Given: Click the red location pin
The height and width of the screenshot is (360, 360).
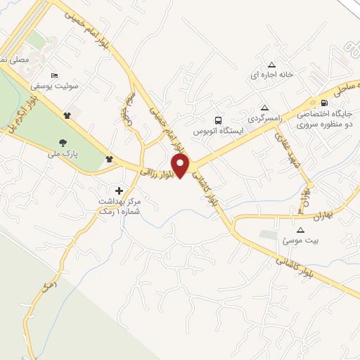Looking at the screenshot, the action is point(181,166).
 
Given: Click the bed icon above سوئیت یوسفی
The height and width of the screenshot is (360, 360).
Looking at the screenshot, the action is point(54,75).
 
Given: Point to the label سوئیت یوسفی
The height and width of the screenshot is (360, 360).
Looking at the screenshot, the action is point(51,86).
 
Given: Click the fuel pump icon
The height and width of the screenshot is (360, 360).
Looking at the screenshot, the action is point(323,102).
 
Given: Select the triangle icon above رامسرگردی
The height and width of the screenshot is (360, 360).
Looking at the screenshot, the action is point(264,108).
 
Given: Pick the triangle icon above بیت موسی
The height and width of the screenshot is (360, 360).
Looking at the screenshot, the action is point(301,230).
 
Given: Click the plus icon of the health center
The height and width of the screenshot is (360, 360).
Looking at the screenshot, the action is point(119,190).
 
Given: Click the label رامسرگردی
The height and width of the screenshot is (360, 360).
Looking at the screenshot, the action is point(264,118).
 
